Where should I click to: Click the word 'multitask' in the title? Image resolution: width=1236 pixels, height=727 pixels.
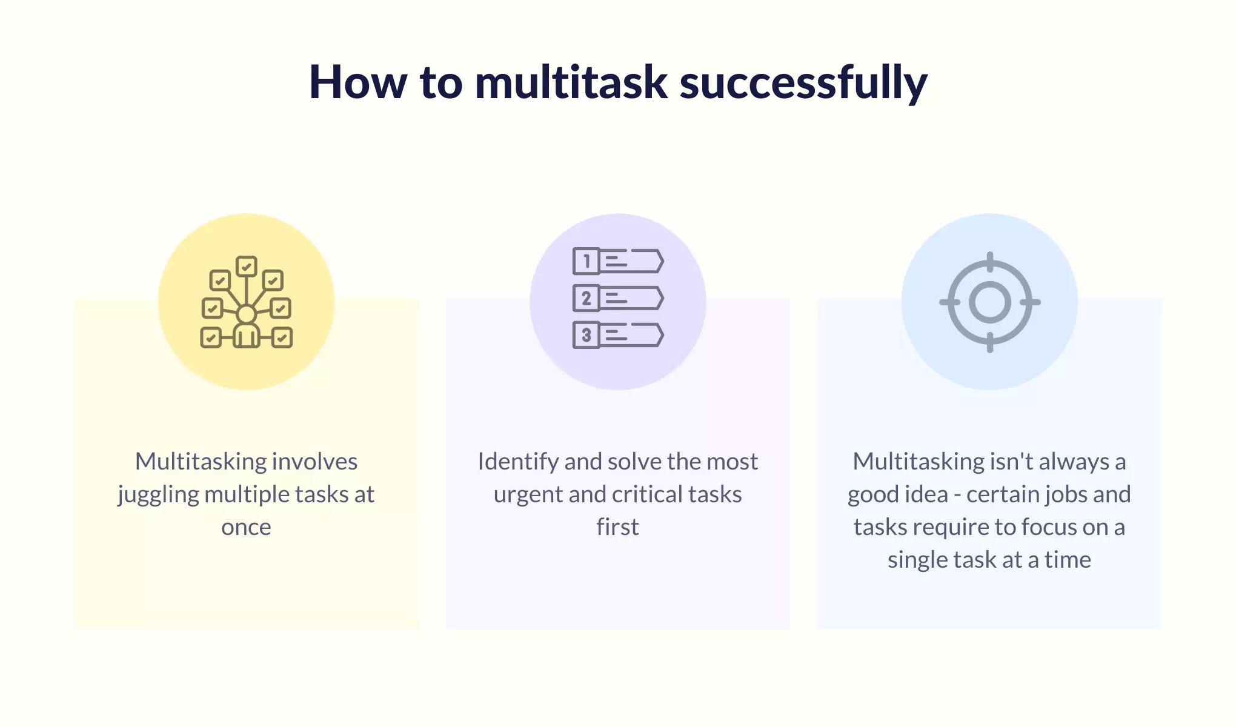tap(571, 82)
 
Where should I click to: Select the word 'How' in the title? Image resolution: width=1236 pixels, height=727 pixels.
tap(358, 82)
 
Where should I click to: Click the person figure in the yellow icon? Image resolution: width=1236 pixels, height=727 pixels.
tap(246, 327)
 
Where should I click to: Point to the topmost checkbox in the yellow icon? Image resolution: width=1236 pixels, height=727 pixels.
tap(246, 267)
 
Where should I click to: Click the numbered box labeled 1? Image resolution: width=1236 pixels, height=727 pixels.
tap(586, 262)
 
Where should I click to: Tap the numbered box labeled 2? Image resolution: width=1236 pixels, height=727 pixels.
tap(586, 298)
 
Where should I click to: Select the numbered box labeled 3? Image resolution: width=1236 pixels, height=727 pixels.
tap(586, 335)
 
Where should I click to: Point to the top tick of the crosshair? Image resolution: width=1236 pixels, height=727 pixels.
tap(989, 262)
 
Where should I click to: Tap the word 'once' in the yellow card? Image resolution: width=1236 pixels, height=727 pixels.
tap(246, 528)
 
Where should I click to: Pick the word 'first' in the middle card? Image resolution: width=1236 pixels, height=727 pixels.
tap(617, 526)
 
